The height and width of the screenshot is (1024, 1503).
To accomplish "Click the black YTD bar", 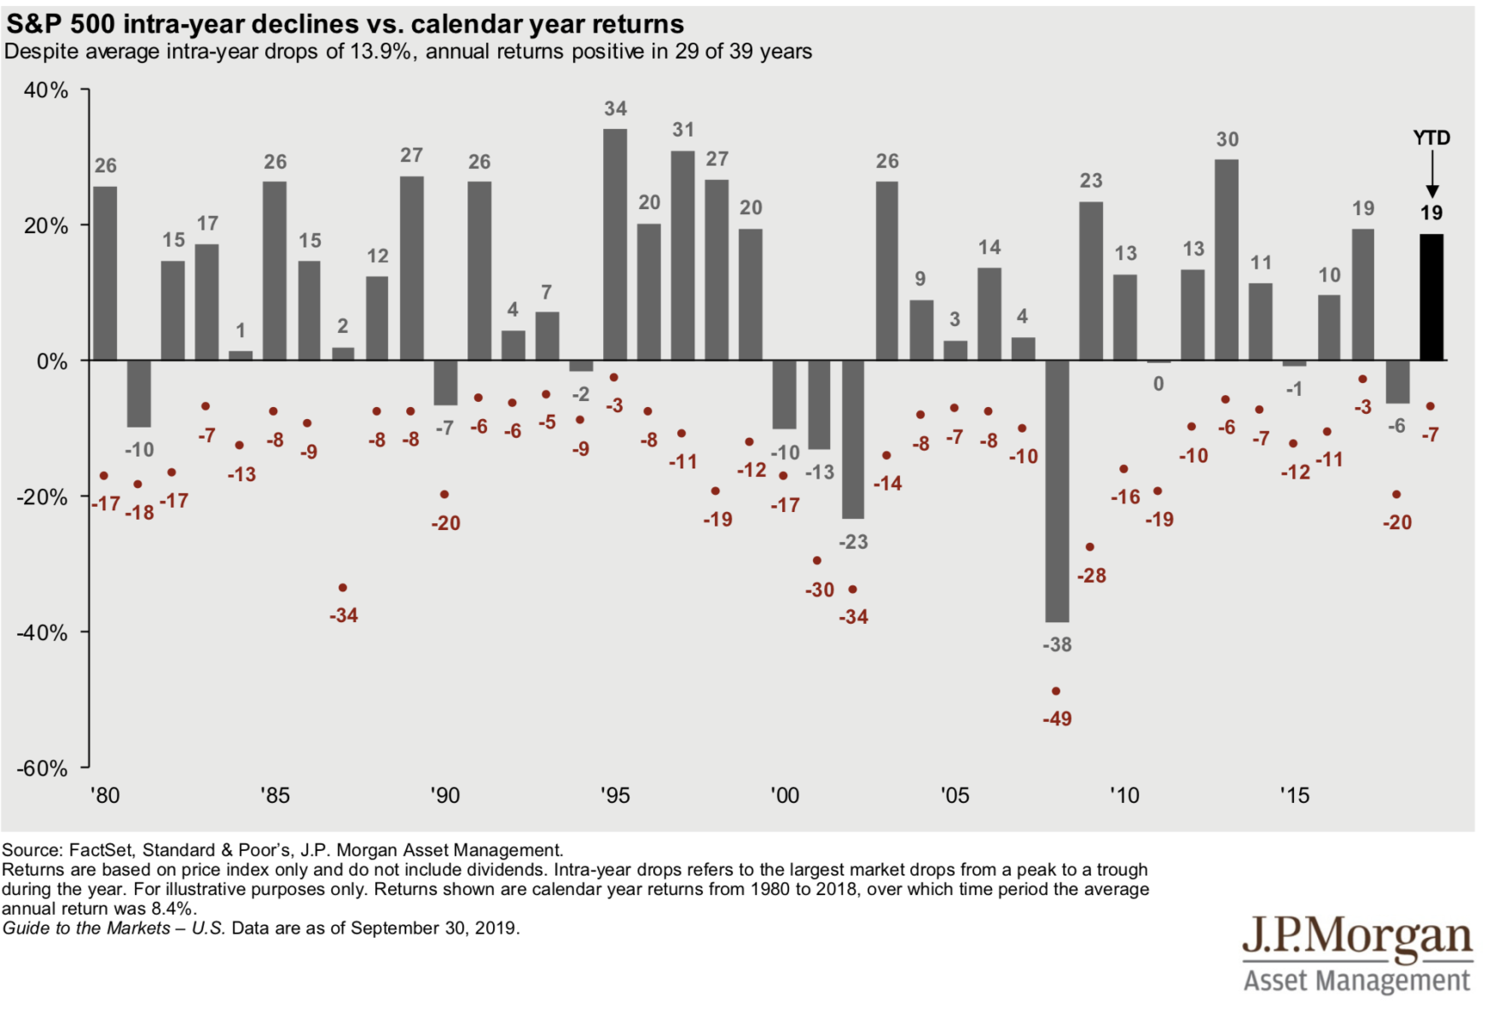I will (x=1431, y=297).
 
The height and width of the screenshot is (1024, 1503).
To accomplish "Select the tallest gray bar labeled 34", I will (x=615, y=245).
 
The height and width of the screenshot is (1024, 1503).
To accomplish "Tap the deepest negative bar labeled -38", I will (x=1057, y=491).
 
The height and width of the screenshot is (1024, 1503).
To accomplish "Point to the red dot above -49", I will (x=1056, y=691).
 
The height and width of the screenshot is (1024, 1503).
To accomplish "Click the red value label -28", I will (x=1092, y=576).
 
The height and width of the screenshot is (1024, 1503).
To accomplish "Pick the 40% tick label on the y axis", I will (x=46, y=90).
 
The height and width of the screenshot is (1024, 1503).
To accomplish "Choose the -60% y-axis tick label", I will (x=43, y=768).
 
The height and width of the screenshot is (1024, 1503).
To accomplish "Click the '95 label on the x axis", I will (x=615, y=796).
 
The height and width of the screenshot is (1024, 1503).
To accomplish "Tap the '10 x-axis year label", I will (x=1124, y=796).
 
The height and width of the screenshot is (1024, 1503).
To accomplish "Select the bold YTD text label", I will (x=1431, y=138).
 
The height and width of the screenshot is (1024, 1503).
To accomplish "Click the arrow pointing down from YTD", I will (x=1432, y=175).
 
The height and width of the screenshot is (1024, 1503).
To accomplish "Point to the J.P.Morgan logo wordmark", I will (x=1356, y=938).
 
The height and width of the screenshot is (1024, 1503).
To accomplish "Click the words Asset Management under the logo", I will (x=1356, y=980).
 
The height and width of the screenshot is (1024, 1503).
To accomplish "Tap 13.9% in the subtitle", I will (x=380, y=52).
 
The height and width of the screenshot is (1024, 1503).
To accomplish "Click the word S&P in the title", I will (x=35, y=24).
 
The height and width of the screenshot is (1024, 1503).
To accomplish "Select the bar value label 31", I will (x=683, y=130).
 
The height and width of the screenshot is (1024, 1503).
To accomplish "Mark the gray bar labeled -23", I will (x=853, y=439).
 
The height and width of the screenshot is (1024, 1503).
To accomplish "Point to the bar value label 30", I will (x=1227, y=140).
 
